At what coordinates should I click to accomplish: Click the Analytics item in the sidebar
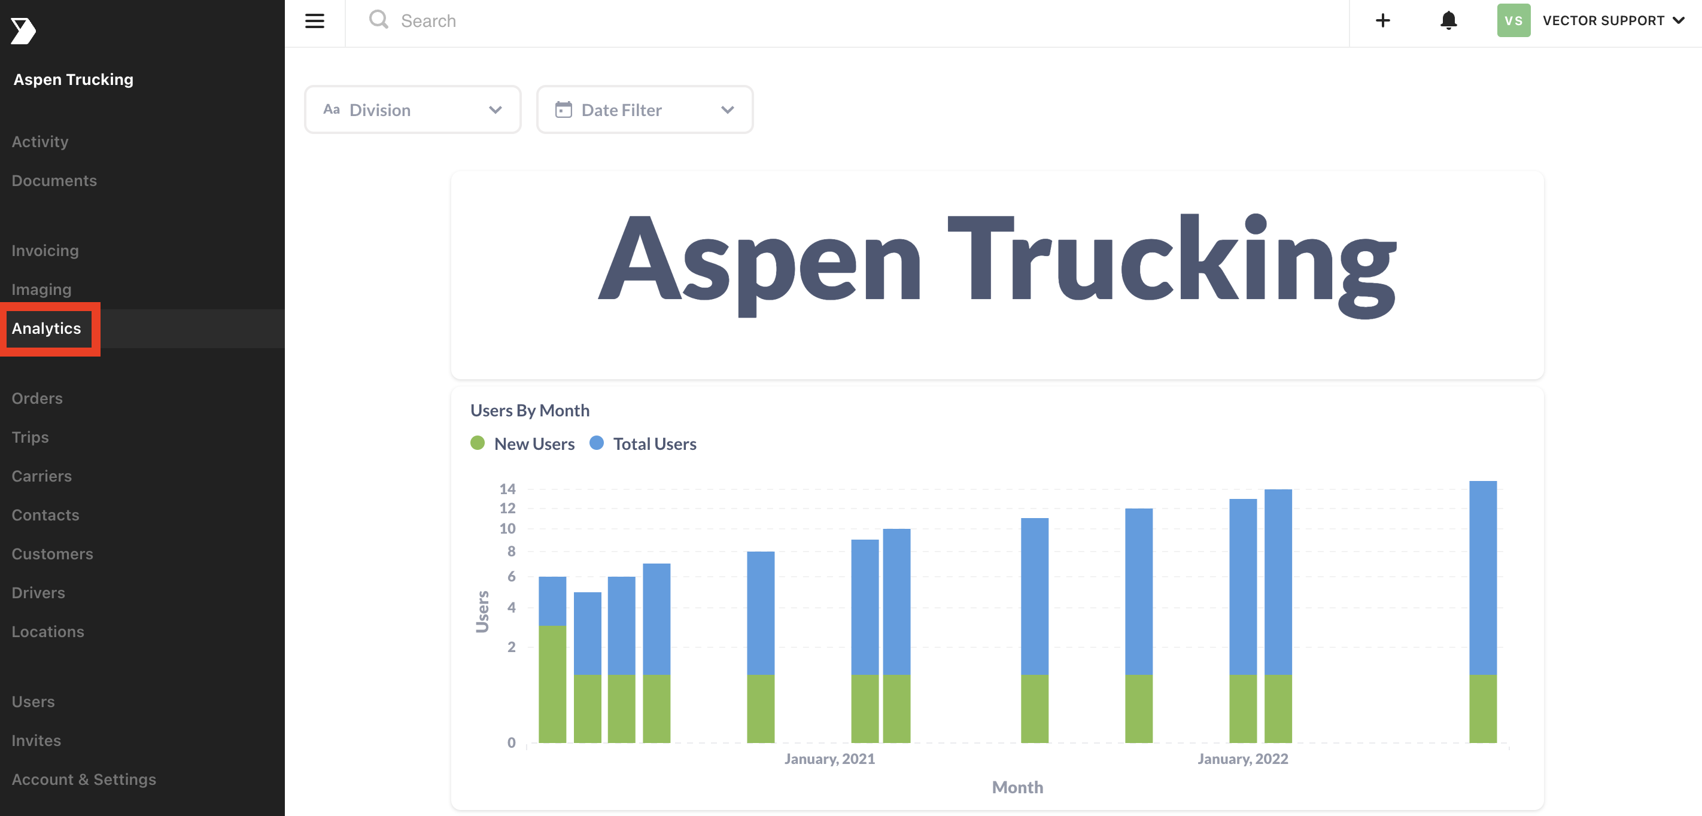point(46,328)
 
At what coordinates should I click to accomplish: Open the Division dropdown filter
point(412,109)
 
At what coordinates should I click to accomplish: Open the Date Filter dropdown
point(644,109)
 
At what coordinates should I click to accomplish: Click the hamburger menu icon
point(315,21)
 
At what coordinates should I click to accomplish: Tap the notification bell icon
point(1448,20)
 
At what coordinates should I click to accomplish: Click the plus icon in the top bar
point(1382,20)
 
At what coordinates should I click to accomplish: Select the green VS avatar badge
point(1513,20)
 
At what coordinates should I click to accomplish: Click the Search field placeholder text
point(428,21)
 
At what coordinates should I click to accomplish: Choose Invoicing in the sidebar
point(45,251)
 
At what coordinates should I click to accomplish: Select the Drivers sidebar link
point(38,593)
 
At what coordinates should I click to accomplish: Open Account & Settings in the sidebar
point(84,780)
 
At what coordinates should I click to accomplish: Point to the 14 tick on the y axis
point(507,489)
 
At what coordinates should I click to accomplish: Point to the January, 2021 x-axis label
point(829,759)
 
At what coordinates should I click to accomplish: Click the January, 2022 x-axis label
point(1242,759)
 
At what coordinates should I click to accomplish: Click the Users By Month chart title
point(529,410)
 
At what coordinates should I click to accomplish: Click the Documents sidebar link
point(54,181)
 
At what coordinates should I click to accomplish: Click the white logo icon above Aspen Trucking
point(23,31)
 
